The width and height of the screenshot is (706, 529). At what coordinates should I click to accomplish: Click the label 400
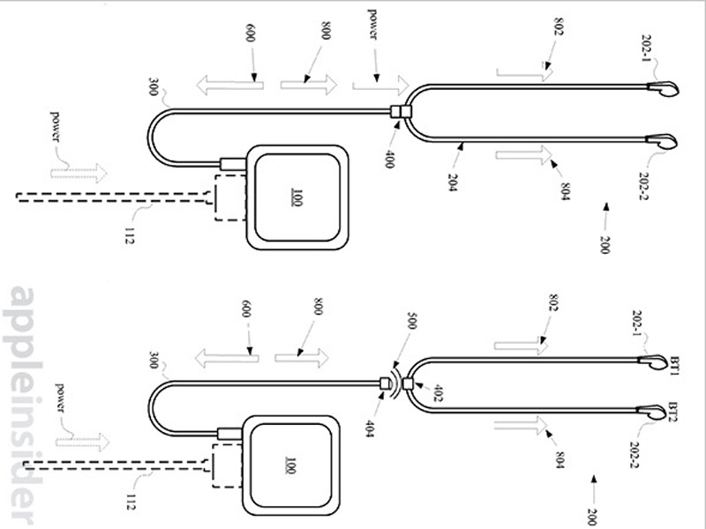[x=389, y=160]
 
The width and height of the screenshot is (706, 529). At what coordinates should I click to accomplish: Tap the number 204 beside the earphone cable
[x=453, y=183]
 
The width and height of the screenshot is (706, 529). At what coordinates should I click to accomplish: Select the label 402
[x=438, y=392]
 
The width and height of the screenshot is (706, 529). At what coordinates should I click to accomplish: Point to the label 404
[x=370, y=428]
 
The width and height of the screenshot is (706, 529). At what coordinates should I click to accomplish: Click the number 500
[x=411, y=321]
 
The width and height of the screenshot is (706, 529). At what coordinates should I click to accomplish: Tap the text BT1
[x=675, y=366]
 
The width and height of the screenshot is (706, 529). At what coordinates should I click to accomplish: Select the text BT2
[x=673, y=412]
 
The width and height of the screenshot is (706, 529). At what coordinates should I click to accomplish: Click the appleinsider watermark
[x=23, y=405]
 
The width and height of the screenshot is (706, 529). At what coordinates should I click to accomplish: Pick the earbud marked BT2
[x=652, y=412]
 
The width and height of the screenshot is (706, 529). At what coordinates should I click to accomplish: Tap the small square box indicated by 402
[x=408, y=384]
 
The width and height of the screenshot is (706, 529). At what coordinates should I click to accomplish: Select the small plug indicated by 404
[x=385, y=384]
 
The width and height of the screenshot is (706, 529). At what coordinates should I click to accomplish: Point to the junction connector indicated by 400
[x=401, y=111]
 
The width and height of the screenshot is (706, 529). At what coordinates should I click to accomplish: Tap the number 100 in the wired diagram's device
[x=297, y=197]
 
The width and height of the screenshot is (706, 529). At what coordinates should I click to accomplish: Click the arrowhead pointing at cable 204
[x=462, y=145]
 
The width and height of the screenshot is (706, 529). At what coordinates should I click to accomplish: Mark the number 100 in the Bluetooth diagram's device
[x=290, y=466]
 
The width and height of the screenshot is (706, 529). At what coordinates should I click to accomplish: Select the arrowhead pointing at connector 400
[x=396, y=123]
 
